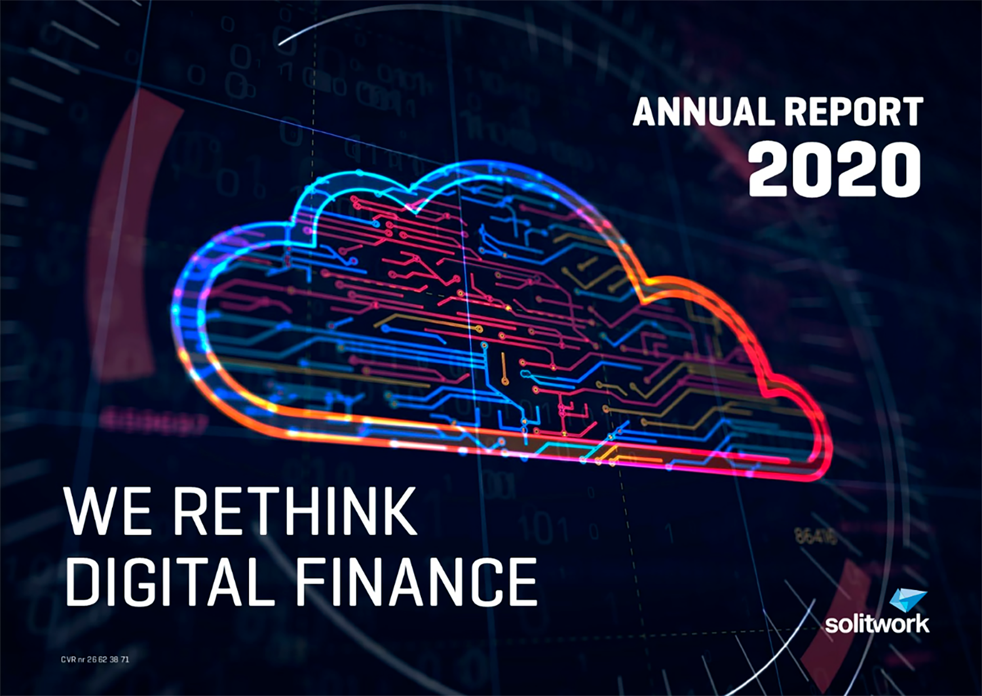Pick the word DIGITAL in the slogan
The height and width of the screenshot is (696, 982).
pos(171,582)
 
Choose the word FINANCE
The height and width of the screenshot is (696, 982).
pos(417,582)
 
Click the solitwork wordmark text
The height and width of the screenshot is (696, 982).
pos(877,624)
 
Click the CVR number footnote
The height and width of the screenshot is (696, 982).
pos(95,660)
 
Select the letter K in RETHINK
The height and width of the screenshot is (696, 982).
pos(397,511)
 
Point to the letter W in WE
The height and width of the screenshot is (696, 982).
pos(90,511)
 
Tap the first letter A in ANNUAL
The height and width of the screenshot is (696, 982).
pos(645,111)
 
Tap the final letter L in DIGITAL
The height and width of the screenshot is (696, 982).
pos(261,582)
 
